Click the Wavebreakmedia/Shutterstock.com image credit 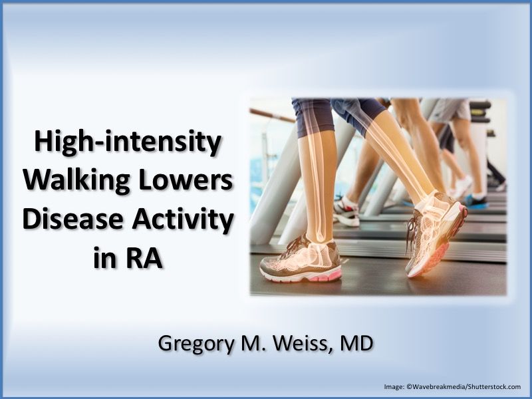452,386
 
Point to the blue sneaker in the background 475,199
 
